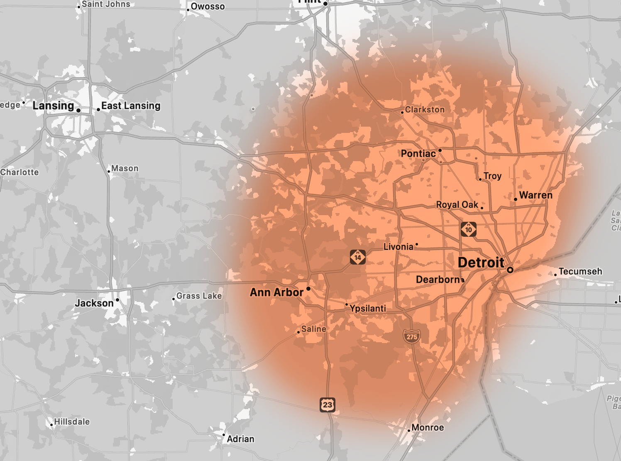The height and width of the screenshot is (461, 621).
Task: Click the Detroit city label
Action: click(481, 262)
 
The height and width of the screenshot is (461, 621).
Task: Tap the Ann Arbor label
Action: click(276, 292)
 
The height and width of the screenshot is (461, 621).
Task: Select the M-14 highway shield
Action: click(358, 257)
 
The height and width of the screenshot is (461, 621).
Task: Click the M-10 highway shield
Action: click(469, 229)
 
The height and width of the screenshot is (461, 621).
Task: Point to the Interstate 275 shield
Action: click(412, 336)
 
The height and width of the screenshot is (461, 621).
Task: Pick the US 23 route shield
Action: click(328, 405)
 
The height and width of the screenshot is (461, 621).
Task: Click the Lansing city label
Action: click(53, 106)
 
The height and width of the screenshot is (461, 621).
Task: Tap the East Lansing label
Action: click(131, 106)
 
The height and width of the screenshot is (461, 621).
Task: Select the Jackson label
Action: click(94, 303)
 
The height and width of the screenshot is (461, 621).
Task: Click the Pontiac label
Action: click(418, 154)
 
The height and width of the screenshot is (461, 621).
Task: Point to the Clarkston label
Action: click(425, 110)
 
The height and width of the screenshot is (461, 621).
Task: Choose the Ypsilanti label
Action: click(368, 308)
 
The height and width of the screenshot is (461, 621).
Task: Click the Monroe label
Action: click(428, 427)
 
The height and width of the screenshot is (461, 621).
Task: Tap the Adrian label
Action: click(240, 439)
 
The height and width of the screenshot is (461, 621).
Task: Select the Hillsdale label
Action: click(72, 422)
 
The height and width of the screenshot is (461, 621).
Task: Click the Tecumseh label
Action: click(580, 271)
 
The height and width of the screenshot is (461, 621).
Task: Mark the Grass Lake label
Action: click(199, 296)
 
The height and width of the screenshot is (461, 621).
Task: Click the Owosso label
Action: click(208, 6)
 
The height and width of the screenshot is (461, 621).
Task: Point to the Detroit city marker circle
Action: click(510, 270)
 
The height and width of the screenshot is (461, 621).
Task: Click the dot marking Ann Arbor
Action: click(308, 289)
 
